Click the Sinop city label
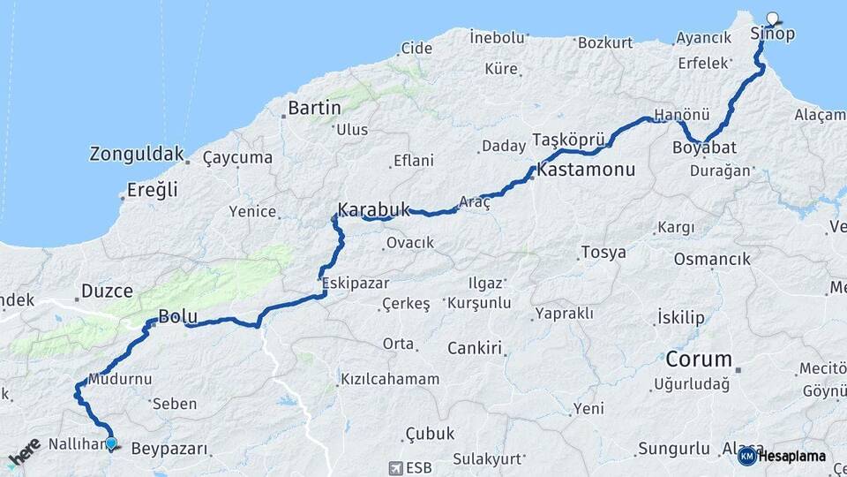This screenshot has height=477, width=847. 772,34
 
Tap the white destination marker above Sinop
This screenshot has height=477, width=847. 774,18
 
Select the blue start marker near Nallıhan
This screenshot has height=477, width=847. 110,443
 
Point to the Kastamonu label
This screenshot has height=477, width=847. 586,169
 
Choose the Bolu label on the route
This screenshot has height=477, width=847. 176,317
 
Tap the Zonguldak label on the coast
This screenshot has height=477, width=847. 135,154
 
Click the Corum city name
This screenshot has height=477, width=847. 699,360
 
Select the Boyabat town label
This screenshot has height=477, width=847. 704,148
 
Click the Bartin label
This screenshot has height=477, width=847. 314,108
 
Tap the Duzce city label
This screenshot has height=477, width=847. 107,291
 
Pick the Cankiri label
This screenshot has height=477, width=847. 474,348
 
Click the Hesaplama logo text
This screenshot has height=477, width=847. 791,456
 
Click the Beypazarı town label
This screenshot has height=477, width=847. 169,449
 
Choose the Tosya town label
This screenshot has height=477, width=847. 603,253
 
